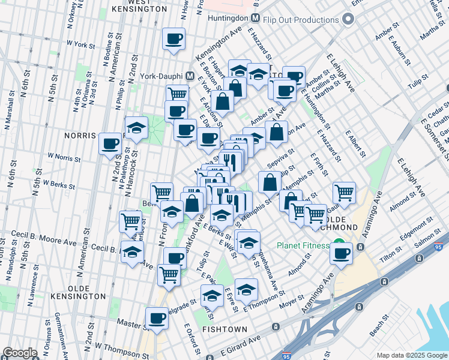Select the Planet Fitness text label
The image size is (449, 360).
click(x=303, y=245)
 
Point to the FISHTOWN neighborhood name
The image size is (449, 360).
click(x=222, y=329)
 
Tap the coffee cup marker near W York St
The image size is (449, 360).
click(x=174, y=39)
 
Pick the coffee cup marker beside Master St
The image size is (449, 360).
click(x=157, y=318)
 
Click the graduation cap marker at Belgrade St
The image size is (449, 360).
click(x=211, y=295)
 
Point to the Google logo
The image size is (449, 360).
click(x=19, y=353)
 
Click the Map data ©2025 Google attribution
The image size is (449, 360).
click(x=411, y=355)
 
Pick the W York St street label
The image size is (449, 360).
click(x=82, y=44)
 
